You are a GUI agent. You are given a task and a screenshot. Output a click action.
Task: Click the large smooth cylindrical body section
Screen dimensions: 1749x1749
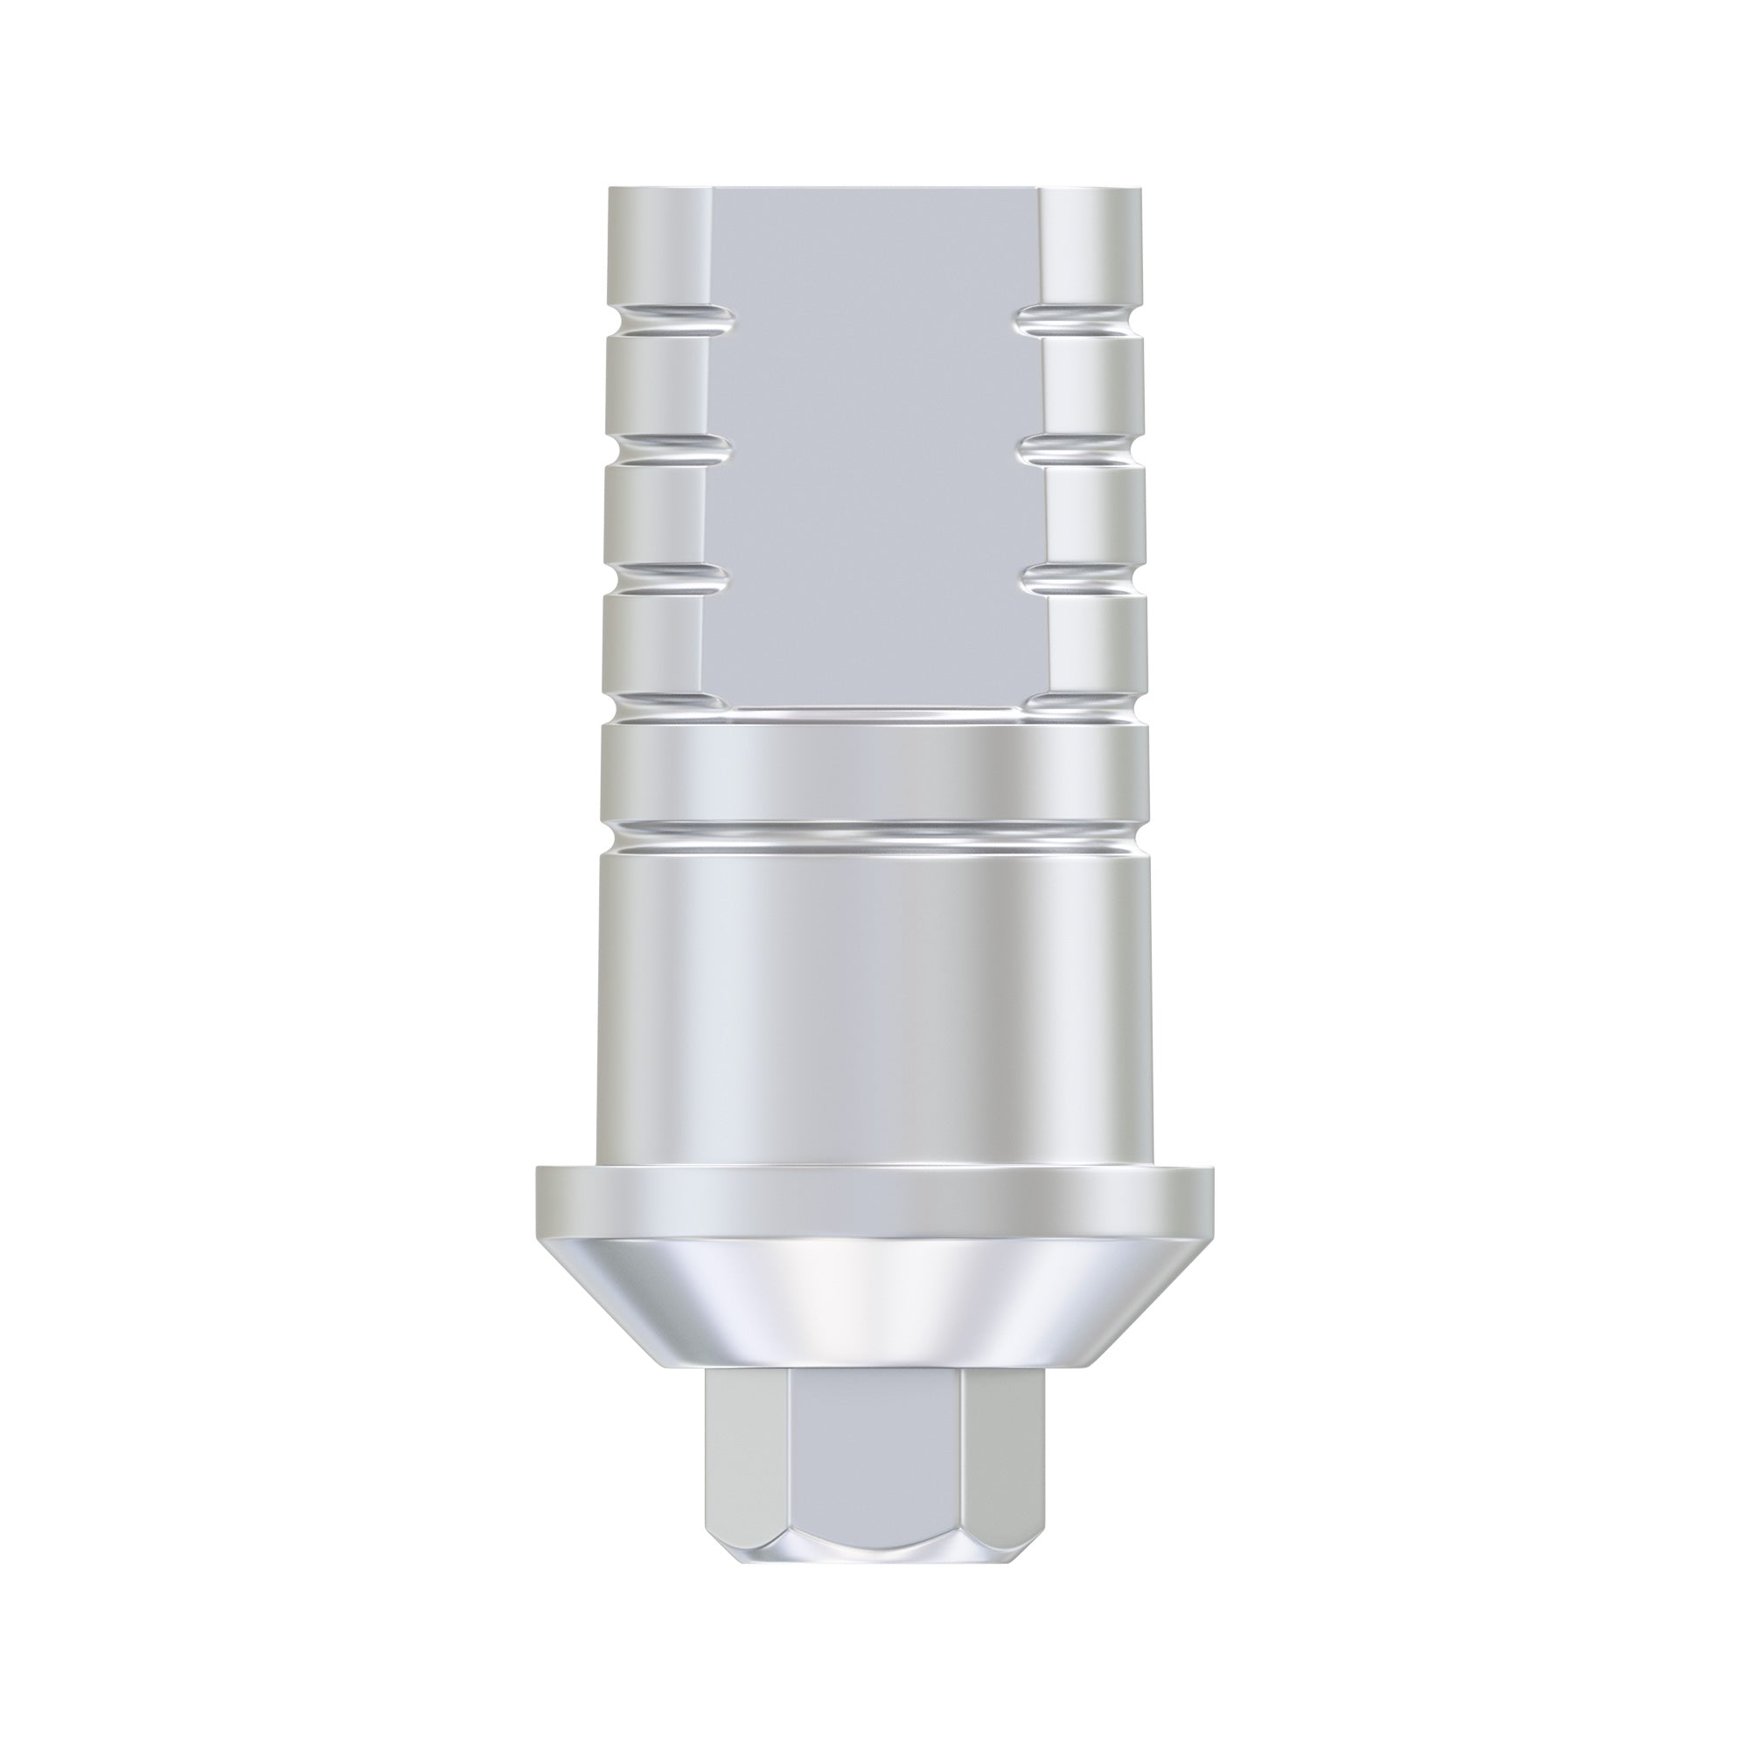(x=874, y=996)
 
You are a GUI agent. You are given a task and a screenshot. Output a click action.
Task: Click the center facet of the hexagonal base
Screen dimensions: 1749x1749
(x=874, y=1439)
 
